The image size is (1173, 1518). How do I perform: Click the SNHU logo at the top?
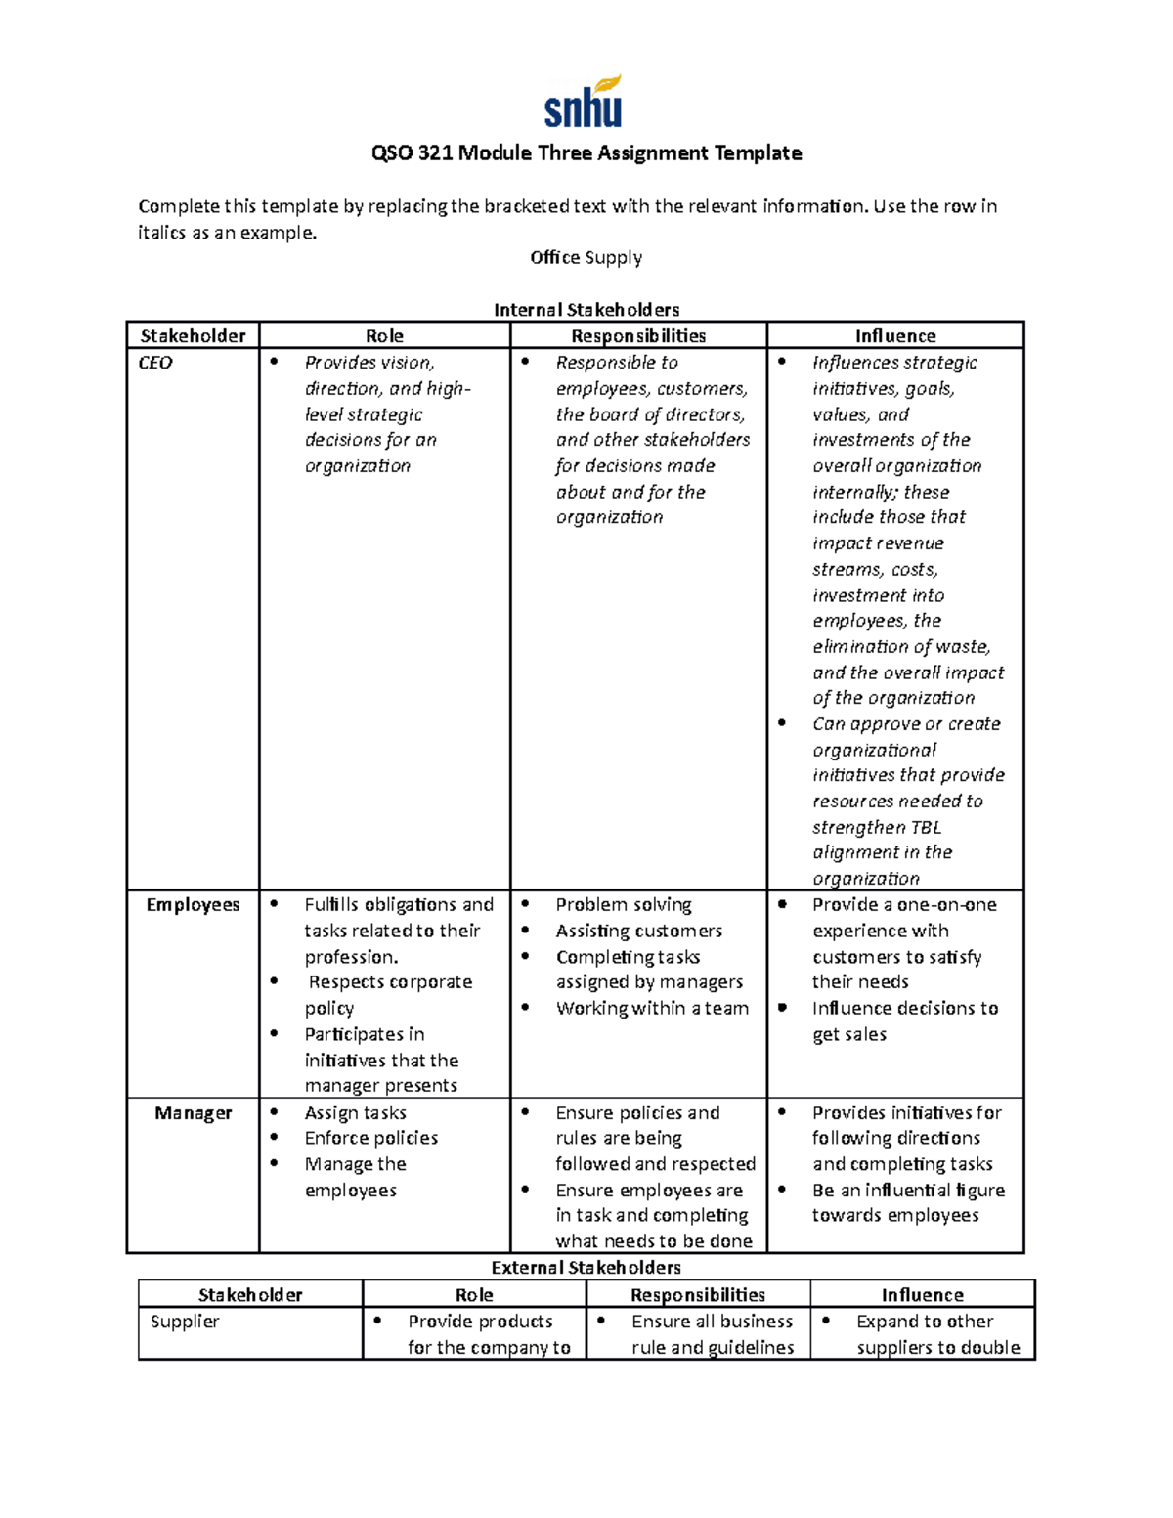[584, 103]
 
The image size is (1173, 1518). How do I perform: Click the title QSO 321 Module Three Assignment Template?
[586, 153]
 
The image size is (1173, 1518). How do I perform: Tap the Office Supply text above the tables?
[586, 258]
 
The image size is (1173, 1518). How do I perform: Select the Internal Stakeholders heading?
[586, 310]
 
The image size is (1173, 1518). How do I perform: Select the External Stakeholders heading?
[586, 1268]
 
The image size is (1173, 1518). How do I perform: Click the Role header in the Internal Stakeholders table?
[384, 336]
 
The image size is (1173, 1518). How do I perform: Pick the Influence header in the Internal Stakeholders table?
[895, 336]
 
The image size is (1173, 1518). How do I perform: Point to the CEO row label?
[155, 363]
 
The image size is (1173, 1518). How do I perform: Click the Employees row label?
[193, 905]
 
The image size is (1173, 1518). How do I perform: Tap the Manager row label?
[193, 1113]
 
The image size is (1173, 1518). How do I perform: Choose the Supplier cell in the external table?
[185, 1322]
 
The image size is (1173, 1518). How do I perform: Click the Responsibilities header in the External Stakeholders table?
[698, 1295]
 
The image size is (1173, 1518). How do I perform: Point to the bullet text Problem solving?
[624, 905]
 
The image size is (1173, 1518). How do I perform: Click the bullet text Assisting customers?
[639, 932]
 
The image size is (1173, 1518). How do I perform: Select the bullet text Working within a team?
[652, 1009]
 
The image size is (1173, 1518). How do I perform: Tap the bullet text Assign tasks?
[355, 1113]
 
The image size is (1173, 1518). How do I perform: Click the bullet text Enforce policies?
[371, 1139]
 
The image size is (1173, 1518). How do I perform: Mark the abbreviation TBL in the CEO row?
[925, 828]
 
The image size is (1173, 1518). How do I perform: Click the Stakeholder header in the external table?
[250, 1295]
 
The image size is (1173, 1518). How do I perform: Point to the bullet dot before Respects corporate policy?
[275, 980]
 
